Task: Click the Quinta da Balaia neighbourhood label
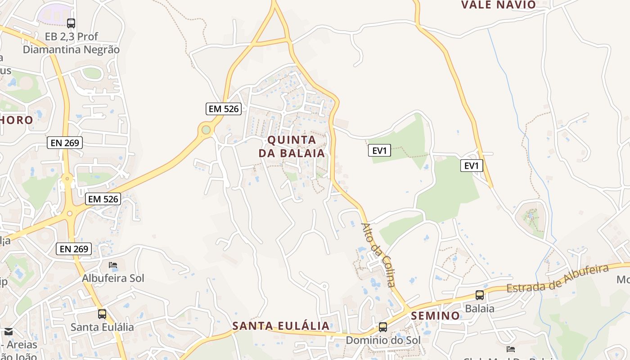click(291, 146)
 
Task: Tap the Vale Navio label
click(498, 5)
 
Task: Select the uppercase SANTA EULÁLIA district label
click(281, 326)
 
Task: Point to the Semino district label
click(435, 315)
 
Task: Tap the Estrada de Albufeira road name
click(558, 279)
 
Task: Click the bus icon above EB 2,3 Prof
click(71, 23)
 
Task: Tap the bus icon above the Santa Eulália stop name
click(102, 314)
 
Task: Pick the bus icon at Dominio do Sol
click(383, 327)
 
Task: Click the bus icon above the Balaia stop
click(480, 295)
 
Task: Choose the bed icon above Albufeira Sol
click(113, 265)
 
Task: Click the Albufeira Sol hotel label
click(113, 278)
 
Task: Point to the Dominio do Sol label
click(383, 340)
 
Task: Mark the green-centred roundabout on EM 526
click(206, 130)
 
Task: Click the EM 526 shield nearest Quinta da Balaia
click(224, 108)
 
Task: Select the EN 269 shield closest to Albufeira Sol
click(74, 248)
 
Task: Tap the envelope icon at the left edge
click(8, 332)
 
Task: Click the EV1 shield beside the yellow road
click(471, 166)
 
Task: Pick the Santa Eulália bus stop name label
click(102, 327)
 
